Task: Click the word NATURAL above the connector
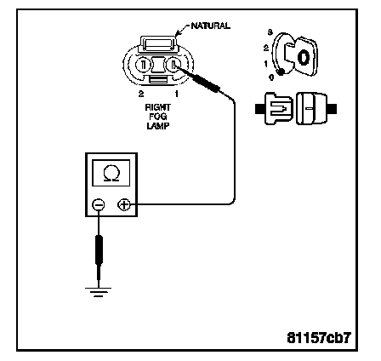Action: (x=211, y=26)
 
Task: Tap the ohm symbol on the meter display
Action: (x=111, y=174)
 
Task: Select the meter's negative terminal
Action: (x=99, y=204)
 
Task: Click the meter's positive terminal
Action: (x=124, y=204)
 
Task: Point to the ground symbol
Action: (x=98, y=292)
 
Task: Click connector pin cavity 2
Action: (x=143, y=65)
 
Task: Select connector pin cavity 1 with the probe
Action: (x=173, y=65)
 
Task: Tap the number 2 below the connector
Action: (x=141, y=94)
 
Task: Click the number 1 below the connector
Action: (x=176, y=94)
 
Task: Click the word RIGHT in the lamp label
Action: (x=158, y=107)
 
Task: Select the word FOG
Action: (x=158, y=117)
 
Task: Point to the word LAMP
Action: (x=158, y=126)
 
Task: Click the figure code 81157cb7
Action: (x=319, y=338)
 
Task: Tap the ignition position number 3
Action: (x=270, y=32)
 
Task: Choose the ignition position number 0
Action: (x=271, y=77)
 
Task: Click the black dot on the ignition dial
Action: (x=281, y=72)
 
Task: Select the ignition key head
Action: (x=305, y=56)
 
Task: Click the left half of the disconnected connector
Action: (x=275, y=109)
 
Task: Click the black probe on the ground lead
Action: (x=99, y=249)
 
